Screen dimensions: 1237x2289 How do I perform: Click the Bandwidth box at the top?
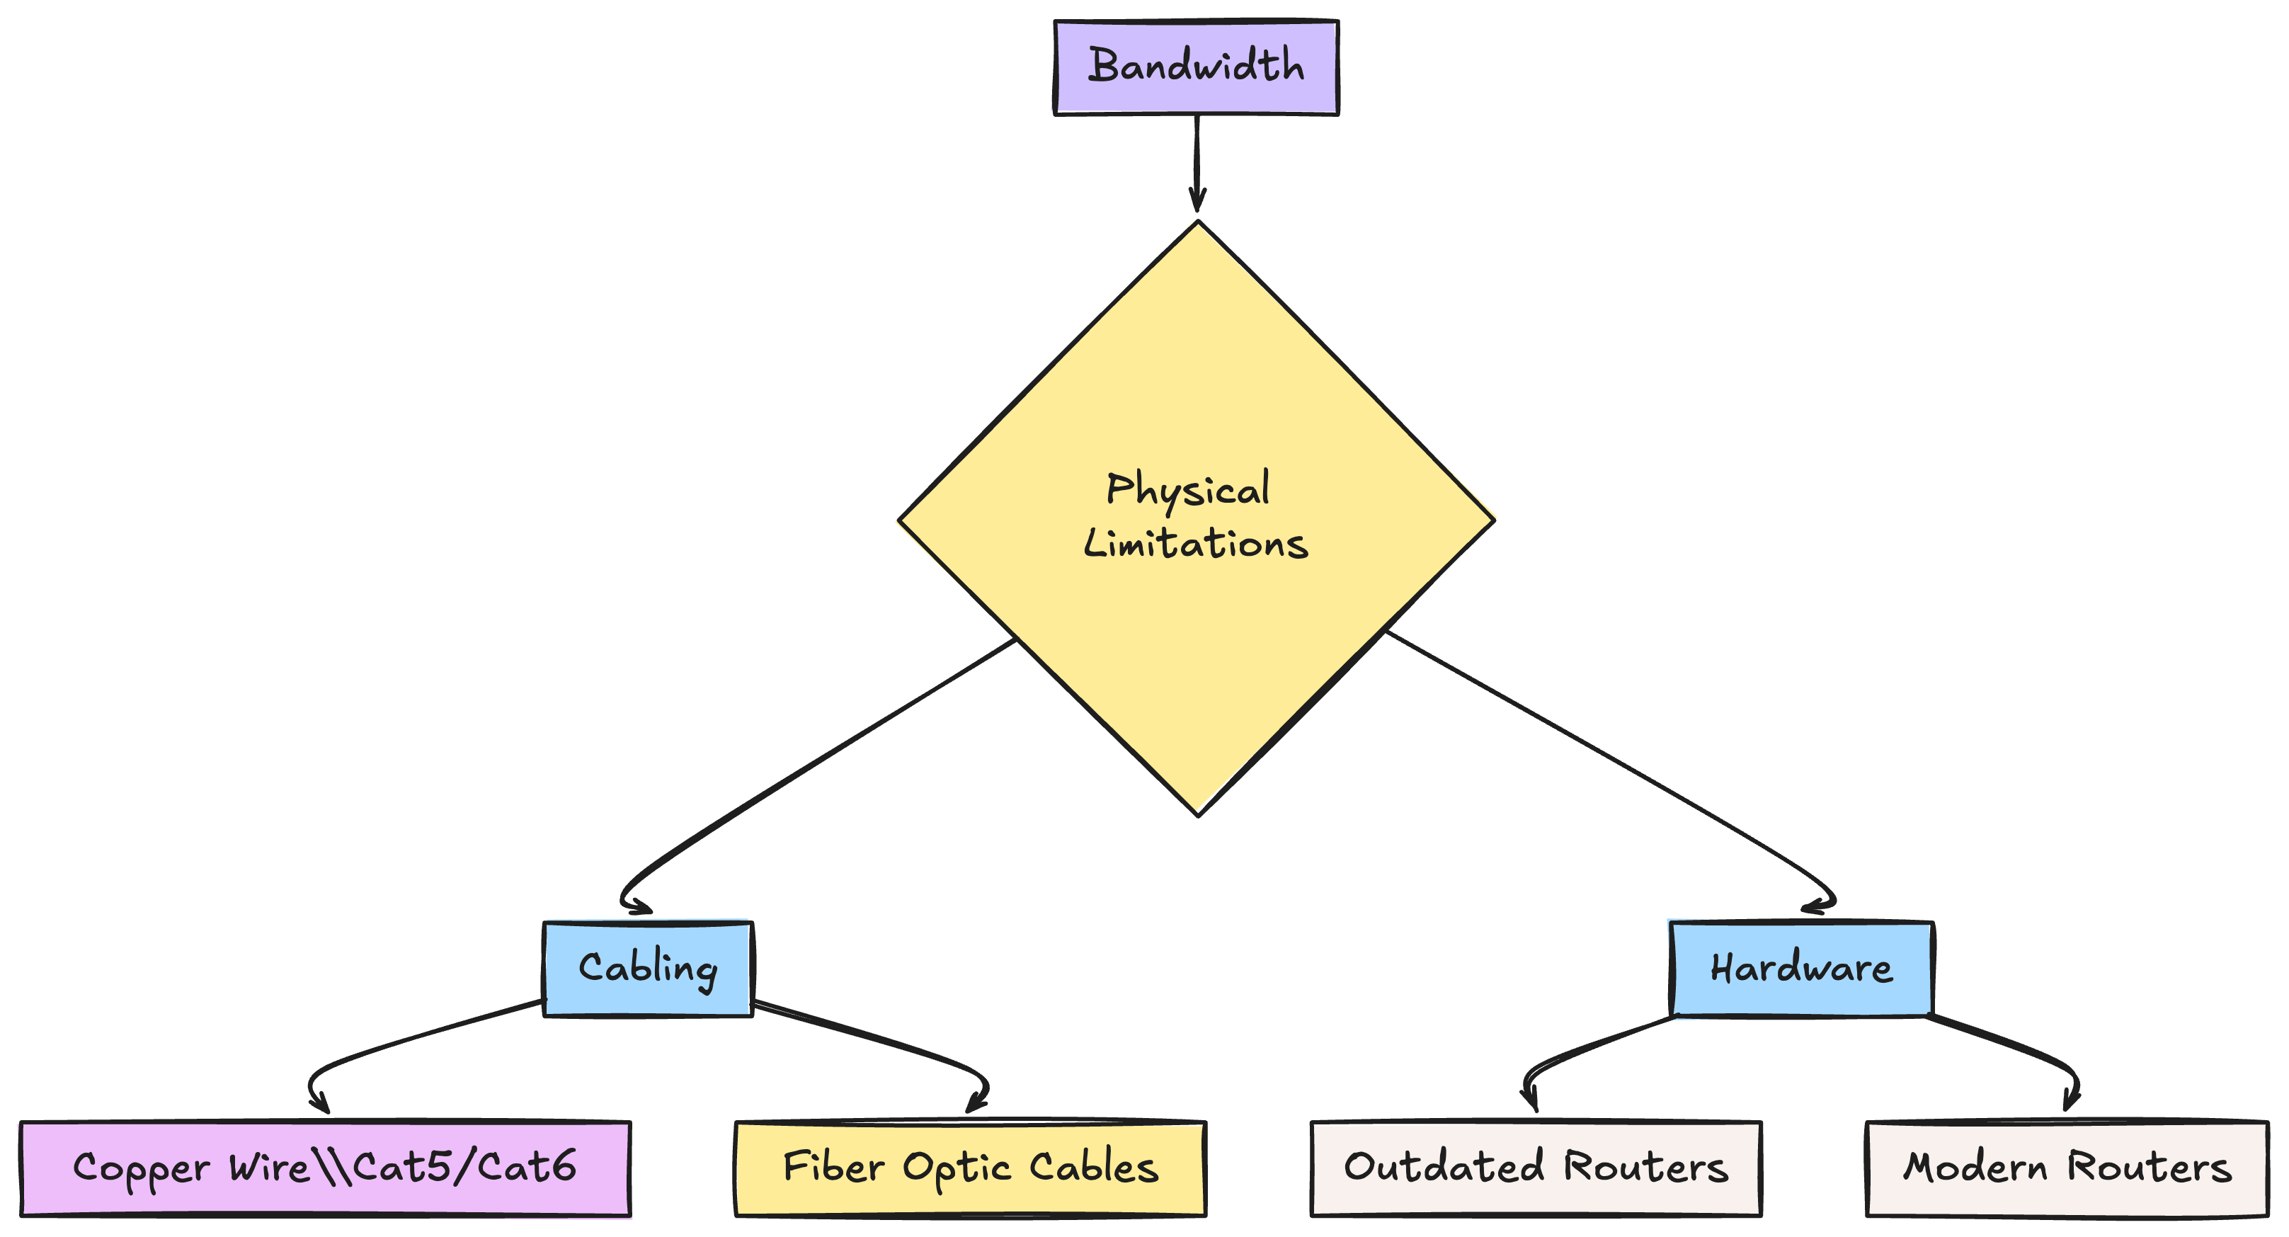click(x=1196, y=67)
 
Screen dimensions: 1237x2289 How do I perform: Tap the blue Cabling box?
click(x=648, y=969)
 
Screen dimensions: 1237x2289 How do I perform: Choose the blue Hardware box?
click(x=1801, y=969)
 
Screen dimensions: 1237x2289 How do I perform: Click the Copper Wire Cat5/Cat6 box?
click(x=325, y=1168)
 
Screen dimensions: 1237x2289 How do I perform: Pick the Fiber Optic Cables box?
click(x=971, y=1168)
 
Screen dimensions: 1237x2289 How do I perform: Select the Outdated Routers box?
click(x=1536, y=1168)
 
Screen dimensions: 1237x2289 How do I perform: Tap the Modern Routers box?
click(x=2067, y=1168)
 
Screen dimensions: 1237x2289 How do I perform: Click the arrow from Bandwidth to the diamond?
click(x=1197, y=160)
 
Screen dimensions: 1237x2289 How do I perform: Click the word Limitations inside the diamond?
click(x=1196, y=543)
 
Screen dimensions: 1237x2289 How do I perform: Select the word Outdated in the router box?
click(x=1444, y=1167)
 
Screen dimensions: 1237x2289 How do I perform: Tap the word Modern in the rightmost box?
click(x=1975, y=1167)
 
